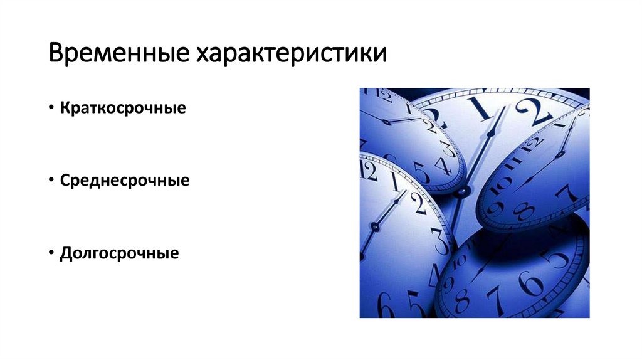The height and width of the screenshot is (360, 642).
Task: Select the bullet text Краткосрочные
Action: tap(124, 108)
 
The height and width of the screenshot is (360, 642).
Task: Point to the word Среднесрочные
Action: tap(125, 181)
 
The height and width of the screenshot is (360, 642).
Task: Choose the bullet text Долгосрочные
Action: tap(120, 253)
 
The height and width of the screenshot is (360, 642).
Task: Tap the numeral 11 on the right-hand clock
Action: tap(518, 164)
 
